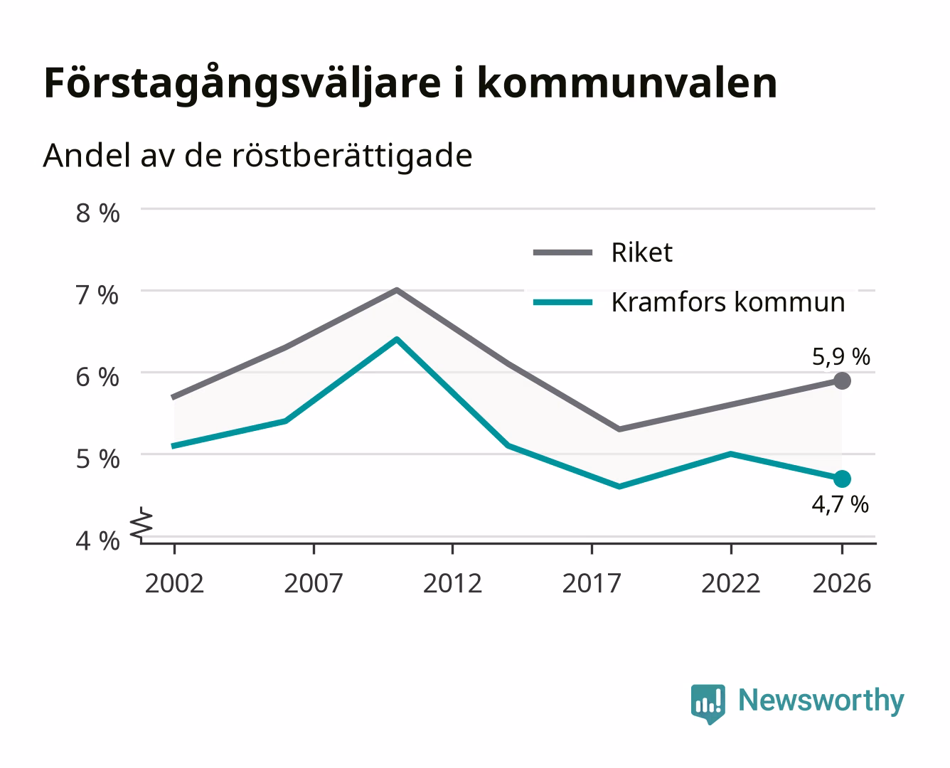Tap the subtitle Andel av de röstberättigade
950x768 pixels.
pos(257,156)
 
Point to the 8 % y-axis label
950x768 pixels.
pos(97,213)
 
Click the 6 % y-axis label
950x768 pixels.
pos(97,378)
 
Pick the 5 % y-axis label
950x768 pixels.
pos(97,459)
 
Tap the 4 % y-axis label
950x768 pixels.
pos(97,541)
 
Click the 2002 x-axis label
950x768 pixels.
pos(174,583)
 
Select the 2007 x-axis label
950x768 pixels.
pos(314,583)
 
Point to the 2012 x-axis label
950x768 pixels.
pos(453,583)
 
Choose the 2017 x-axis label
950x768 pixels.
pos(592,583)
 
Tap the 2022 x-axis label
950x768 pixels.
pos(731,583)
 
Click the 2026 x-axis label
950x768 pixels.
pos(842,583)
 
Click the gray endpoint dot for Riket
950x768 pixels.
pos(842,381)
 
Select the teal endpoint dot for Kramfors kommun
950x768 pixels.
pos(842,479)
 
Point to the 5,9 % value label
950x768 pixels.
pos(840,357)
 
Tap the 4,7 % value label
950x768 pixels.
pos(840,504)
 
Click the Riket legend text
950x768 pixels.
pos(642,253)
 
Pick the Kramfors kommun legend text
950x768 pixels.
pos(728,302)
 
